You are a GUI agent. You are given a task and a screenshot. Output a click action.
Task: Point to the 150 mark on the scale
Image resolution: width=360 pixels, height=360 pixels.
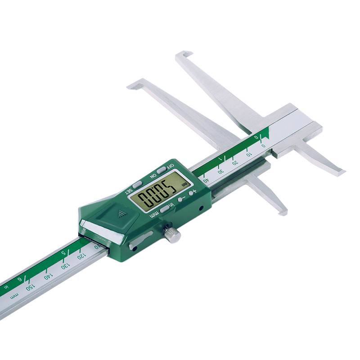click(30, 286)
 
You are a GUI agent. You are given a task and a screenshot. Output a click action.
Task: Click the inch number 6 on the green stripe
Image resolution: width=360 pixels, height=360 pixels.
click(19, 279)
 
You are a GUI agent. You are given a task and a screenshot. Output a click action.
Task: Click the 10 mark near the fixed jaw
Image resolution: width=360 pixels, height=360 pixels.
click(249, 154)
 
